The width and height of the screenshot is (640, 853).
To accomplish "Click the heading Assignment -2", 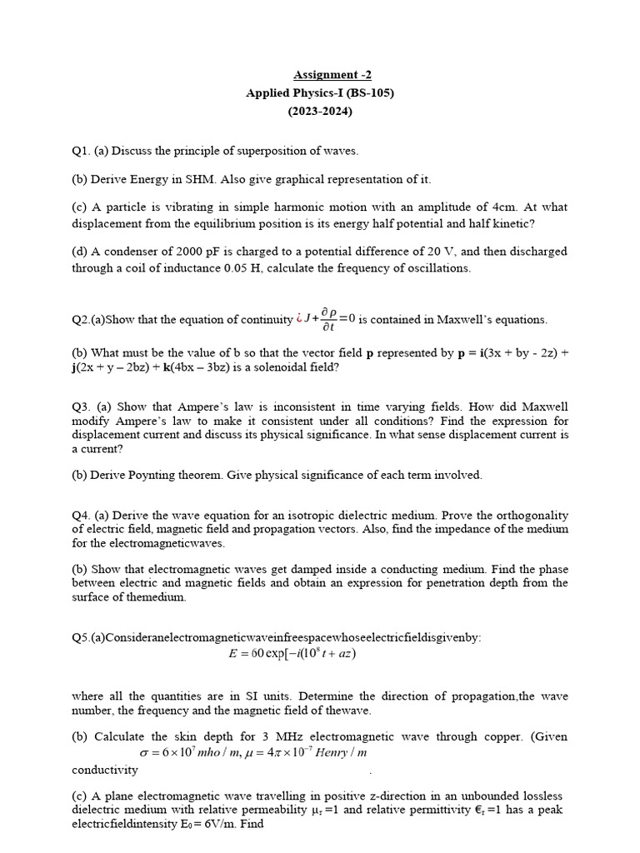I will coord(320,76).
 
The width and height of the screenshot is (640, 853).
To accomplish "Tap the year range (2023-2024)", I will coord(320,111).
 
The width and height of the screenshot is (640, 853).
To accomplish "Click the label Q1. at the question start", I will coord(82,151).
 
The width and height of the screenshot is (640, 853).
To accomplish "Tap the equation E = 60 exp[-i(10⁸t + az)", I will coord(292,653).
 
